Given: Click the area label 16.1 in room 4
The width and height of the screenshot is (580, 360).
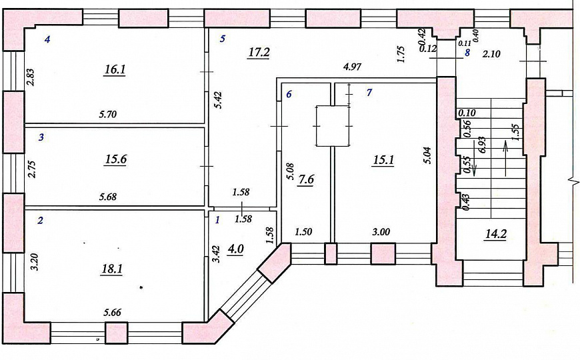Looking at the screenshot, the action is (x=115, y=69).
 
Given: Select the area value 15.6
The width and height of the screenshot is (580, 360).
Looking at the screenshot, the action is (x=116, y=159).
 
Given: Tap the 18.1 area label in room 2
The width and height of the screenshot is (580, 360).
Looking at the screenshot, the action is (x=112, y=269).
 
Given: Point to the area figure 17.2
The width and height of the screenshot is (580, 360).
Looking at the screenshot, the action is (x=259, y=53).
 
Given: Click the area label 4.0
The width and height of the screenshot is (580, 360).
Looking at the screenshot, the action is (x=235, y=249).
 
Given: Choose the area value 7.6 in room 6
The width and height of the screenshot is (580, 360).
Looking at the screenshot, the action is (x=306, y=180).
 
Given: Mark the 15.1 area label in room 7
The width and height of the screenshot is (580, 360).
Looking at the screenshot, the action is (x=383, y=160).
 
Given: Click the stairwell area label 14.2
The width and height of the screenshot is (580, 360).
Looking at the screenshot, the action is (x=495, y=234).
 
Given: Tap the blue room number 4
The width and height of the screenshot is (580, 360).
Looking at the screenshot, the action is (x=47, y=39).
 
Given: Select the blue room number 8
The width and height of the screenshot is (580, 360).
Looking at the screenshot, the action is (x=467, y=53).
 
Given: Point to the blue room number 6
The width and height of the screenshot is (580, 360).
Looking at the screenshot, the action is (x=289, y=95).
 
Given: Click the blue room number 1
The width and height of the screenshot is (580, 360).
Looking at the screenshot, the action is (x=217, y=221).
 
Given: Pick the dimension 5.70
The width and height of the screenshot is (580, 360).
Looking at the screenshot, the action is (x=107, y=114).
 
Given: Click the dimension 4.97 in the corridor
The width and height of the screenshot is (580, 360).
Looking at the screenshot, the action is (x=352, y=67).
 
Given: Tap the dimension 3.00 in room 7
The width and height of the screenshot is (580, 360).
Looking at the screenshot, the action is (x=381, y=232).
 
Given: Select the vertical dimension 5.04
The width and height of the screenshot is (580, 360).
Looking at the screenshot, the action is (x=427, y=156).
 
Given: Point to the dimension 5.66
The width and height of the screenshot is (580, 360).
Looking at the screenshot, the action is (x=112, y=313).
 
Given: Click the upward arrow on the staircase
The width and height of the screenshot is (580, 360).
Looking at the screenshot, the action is (x=505, y=159).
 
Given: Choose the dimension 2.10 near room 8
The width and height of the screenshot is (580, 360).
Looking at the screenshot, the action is (x=491, y=55).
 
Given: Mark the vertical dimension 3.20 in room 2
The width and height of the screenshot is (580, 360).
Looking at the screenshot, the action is (x=35, y=262).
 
